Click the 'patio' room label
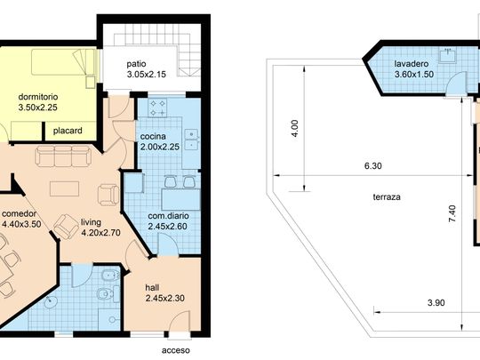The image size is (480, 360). coord(136,64)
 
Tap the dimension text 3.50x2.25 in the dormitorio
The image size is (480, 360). coord(37,108)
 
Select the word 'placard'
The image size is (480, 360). coord(68,131)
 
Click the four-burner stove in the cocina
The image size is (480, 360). coord(157,108)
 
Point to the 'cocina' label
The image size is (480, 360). coord(153,137)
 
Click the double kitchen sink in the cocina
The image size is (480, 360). coord(192,139)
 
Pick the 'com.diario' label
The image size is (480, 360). coord(168,216)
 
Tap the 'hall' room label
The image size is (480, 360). coord(152,287)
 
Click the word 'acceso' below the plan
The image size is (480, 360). coord(176,350)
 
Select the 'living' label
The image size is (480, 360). coord(91,222)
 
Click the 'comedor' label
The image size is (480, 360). coord(20,213)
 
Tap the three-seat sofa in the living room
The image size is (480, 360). coord(63,156)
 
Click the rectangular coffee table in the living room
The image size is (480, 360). coord(64,188)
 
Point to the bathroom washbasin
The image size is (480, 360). coord(51,302)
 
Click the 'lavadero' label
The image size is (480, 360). coord(412,64)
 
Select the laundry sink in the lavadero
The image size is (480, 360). coord(447,55)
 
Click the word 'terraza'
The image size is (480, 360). coord(387,196)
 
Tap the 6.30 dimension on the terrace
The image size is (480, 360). coord(373,166)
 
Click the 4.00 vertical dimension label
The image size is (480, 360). coord(294,128)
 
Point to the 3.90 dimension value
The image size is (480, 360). coord(436,303)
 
